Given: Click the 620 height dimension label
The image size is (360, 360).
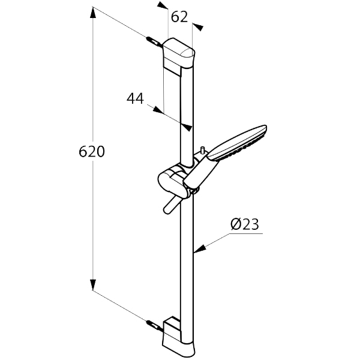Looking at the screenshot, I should [92, 152].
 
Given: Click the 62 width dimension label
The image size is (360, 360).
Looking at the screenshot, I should [179, 17].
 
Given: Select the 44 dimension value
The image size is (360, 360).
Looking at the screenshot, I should [136, 98].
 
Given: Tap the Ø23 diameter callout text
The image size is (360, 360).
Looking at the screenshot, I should [244, 224].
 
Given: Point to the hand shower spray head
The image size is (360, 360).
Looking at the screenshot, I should [240, 142].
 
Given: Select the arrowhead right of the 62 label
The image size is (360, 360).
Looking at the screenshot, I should [197, 27].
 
